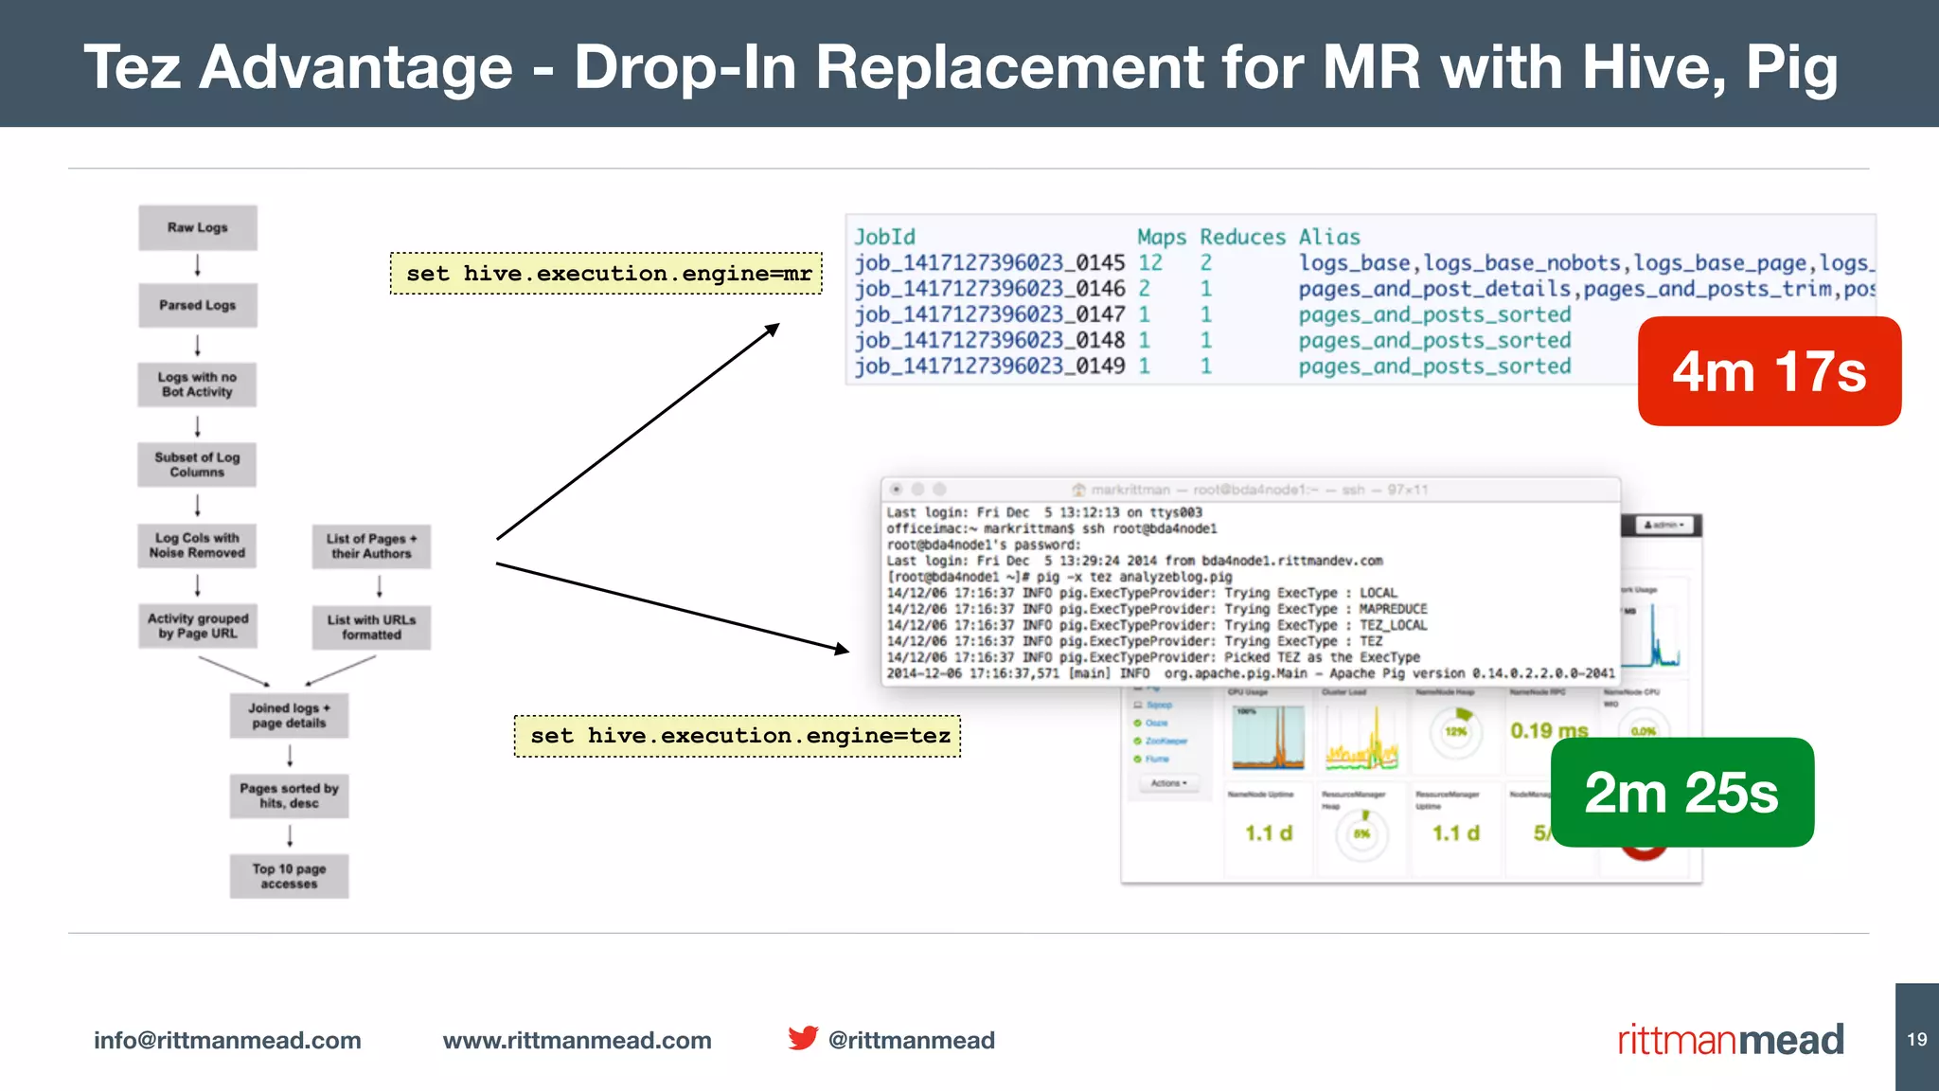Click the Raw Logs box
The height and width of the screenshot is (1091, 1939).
point(198,227)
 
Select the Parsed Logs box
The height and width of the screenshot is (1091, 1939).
point(198,305)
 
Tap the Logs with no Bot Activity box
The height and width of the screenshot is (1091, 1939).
point(197,385)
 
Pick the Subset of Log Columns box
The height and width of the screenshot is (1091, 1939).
point(197,464)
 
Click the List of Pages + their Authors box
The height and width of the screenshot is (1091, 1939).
point(371,546)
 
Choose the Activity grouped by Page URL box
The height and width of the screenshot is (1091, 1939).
point(198,626)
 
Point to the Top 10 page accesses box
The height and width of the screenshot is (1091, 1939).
point(289,876)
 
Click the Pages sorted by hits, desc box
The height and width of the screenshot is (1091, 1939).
point(289,796)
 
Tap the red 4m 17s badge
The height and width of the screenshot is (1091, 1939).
point(1769,371)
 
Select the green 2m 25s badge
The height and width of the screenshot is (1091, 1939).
point(1681,793)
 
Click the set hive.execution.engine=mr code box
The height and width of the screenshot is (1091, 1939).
point(607,274)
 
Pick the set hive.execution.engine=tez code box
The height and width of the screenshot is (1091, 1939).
point(738,736)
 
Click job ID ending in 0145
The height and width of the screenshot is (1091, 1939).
point(989,263)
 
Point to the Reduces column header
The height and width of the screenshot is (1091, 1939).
point(1242,237)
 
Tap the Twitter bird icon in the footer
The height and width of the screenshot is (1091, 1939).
point(803,1039)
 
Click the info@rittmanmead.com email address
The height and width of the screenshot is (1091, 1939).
point(227,1040)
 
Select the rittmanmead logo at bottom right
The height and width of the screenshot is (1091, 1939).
point(1730,1040)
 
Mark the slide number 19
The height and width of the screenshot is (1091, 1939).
point(1917,1039)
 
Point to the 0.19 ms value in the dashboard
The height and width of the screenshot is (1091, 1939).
point(1549,731)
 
